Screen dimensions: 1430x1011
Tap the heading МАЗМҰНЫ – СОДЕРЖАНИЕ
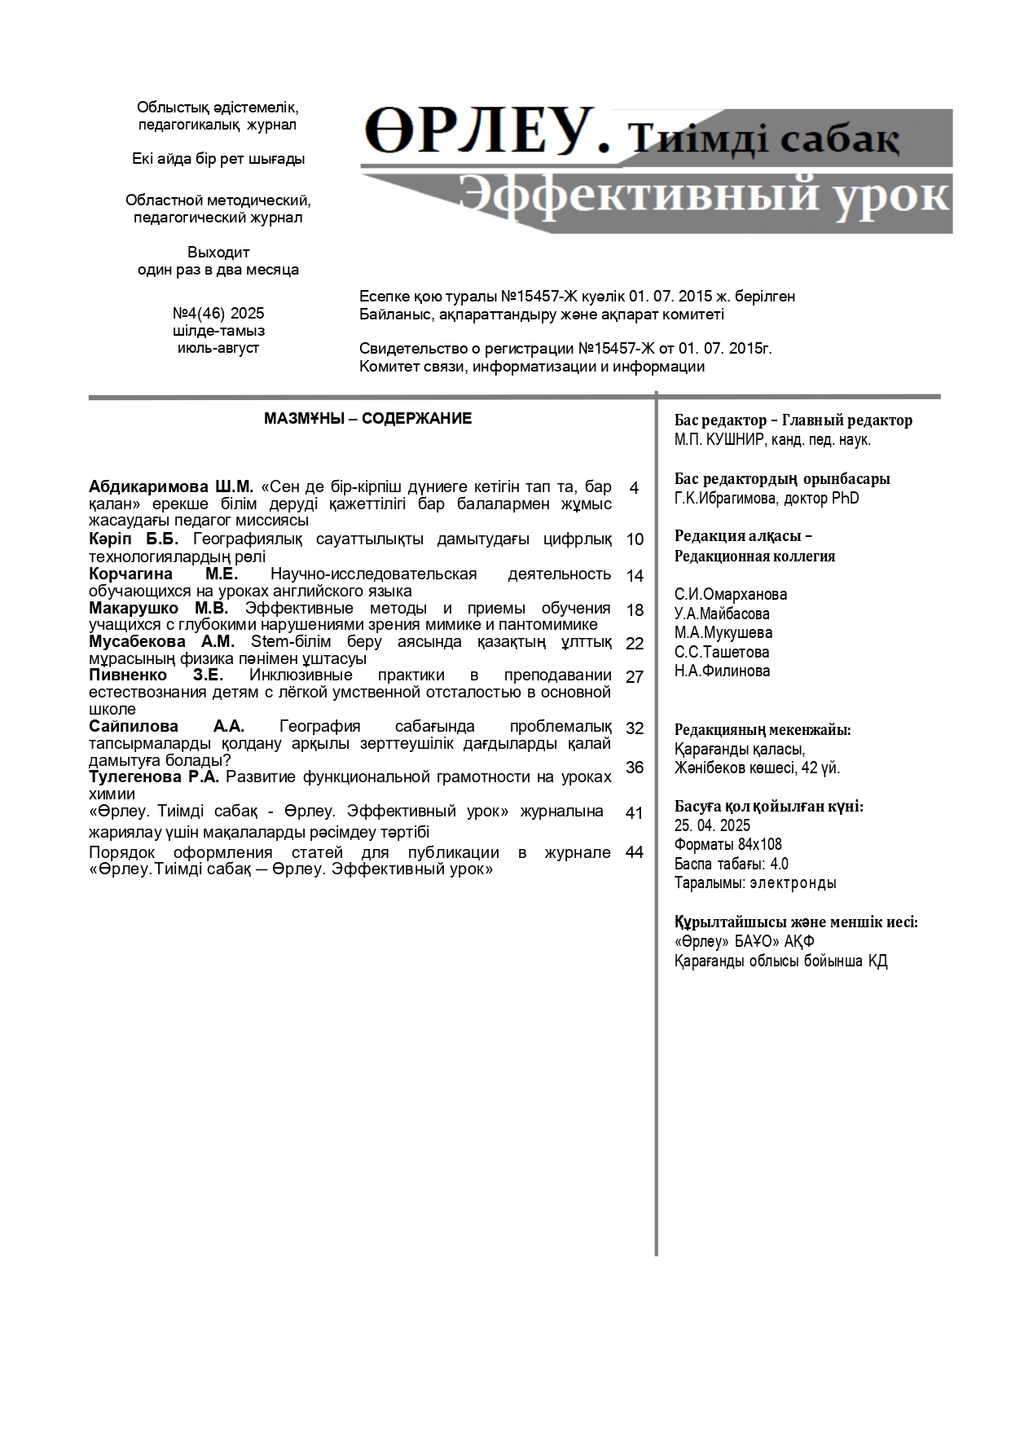[367, 419]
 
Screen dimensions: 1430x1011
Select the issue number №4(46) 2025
[218, 314]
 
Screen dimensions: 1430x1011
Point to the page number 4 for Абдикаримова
[634, 488]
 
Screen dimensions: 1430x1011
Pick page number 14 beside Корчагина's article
[635, 576]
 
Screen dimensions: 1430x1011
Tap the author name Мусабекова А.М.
[162, 642]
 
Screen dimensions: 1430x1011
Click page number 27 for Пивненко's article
[635, 677]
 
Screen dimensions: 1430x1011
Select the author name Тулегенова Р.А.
[154, 777]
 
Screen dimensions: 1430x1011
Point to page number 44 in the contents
[635, 852]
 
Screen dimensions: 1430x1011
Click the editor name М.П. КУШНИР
[719, 440]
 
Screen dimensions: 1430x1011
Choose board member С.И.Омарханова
[731, 595]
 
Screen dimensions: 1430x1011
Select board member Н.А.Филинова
[722, 671]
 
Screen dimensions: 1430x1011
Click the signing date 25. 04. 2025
[713, 825]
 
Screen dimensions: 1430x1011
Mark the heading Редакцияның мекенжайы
[763, 730]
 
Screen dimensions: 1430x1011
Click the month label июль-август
[218, 348]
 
